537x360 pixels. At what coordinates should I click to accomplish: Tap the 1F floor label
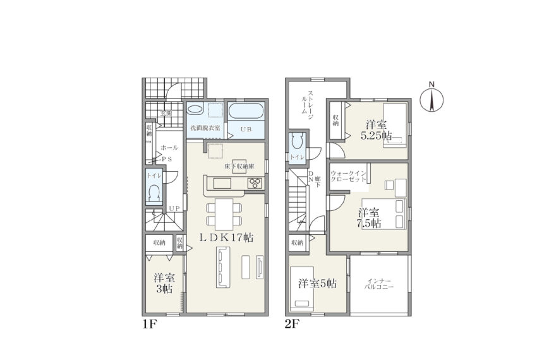pos(149,324)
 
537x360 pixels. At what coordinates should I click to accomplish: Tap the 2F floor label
pos(292,324)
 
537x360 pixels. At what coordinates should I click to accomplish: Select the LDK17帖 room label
pos(226,237)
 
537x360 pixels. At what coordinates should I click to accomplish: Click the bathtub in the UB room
pos(246,111)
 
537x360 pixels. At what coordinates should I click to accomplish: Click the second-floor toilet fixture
pos(296,141)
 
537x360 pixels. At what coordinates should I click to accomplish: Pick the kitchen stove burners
pos(255,183)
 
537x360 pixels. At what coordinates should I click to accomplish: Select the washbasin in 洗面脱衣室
pos(195,110)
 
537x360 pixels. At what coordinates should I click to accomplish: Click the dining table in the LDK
pos(224,214)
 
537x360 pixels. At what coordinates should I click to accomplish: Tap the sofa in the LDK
pos(223,268)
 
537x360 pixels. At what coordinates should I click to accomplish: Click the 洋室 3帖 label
pos(164,283)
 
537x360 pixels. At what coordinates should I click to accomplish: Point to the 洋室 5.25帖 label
pos(376,130)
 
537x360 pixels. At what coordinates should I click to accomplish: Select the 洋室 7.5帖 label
pos(370,218)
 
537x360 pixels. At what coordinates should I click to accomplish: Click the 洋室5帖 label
pos(317,284)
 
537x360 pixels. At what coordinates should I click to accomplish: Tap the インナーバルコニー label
pos(379,284)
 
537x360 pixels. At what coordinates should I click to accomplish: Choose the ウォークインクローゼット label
pos(348,176)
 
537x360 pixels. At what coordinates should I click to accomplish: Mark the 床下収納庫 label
pos(239,167)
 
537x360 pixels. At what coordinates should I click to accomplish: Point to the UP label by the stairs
pos(174,208)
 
